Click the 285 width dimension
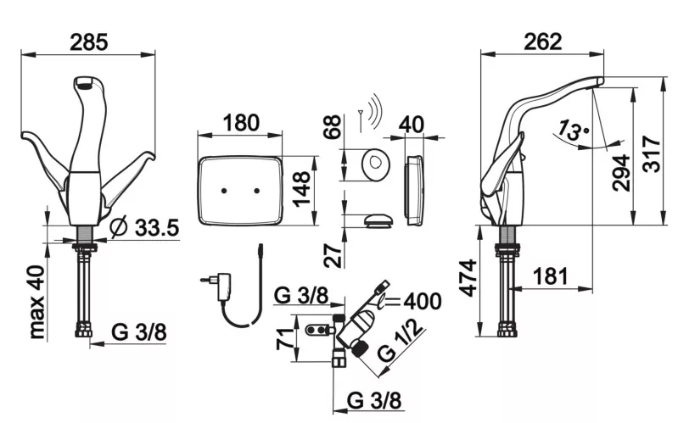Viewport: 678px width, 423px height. tap(88, 42)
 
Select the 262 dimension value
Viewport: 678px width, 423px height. tap(543, 42)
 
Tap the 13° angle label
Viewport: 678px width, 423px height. tap(573, 131)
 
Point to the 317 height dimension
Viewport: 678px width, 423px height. tap(651, 154)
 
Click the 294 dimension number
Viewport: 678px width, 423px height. tap(622, 172)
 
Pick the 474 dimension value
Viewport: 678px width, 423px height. tap(468, 278)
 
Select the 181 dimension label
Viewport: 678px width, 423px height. tap(550, 276)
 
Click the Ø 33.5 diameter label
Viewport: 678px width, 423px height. tap(144, 227)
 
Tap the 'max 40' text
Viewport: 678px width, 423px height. tap(37, 302)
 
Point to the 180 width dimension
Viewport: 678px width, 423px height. tap(241, 123)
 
